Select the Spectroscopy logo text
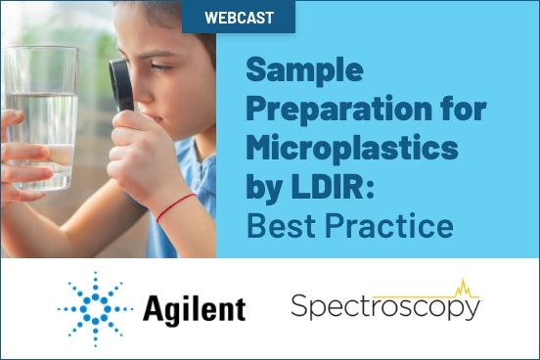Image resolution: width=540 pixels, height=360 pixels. pos(384,307)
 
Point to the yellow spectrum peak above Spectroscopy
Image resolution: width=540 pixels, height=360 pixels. pos(461,287)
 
